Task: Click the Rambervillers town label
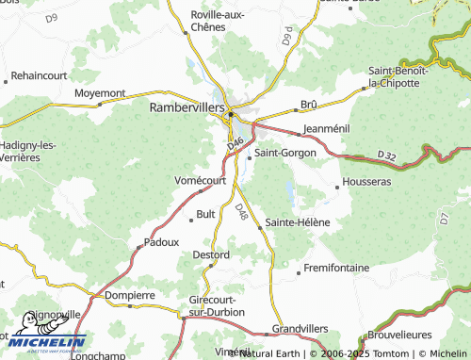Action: pyautogui.click(x=187, y=108)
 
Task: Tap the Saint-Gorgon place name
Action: pyautogui.click(x=285, y=153)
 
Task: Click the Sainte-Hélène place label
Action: pyautogui.click(x=298, y=222)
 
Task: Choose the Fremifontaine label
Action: pyautogui.click(x=336, y=269)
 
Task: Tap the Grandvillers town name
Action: pyautogui.click(x=298, y=329)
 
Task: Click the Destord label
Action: pyautogui.click(x=211, y=255)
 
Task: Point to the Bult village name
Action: pyautogui.click(x=206, y=215)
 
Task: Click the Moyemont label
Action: pyautogui.click(x=99, y=93)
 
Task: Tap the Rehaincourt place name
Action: pyautogui.click(x=41, y=76)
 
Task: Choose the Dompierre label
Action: pyautogui.click(x=129, y=295)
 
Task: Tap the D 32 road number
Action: pyautogui.click(x=385, y=155)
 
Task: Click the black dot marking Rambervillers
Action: pyautogui.click(x=230, y=115)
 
